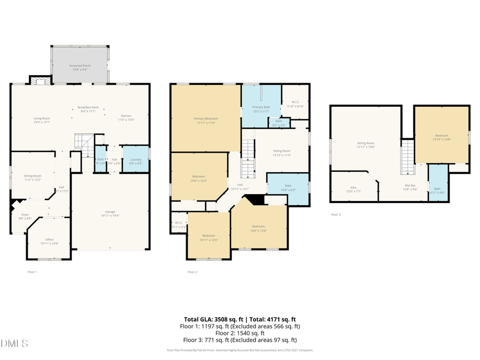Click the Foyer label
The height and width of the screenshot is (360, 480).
pos(25,216)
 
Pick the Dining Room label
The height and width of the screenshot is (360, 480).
pos(33,178)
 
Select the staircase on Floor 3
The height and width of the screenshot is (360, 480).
pos(407,157)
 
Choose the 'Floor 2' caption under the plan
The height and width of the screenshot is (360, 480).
pos(193,272)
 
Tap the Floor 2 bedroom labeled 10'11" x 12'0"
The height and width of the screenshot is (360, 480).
pos(209,237)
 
